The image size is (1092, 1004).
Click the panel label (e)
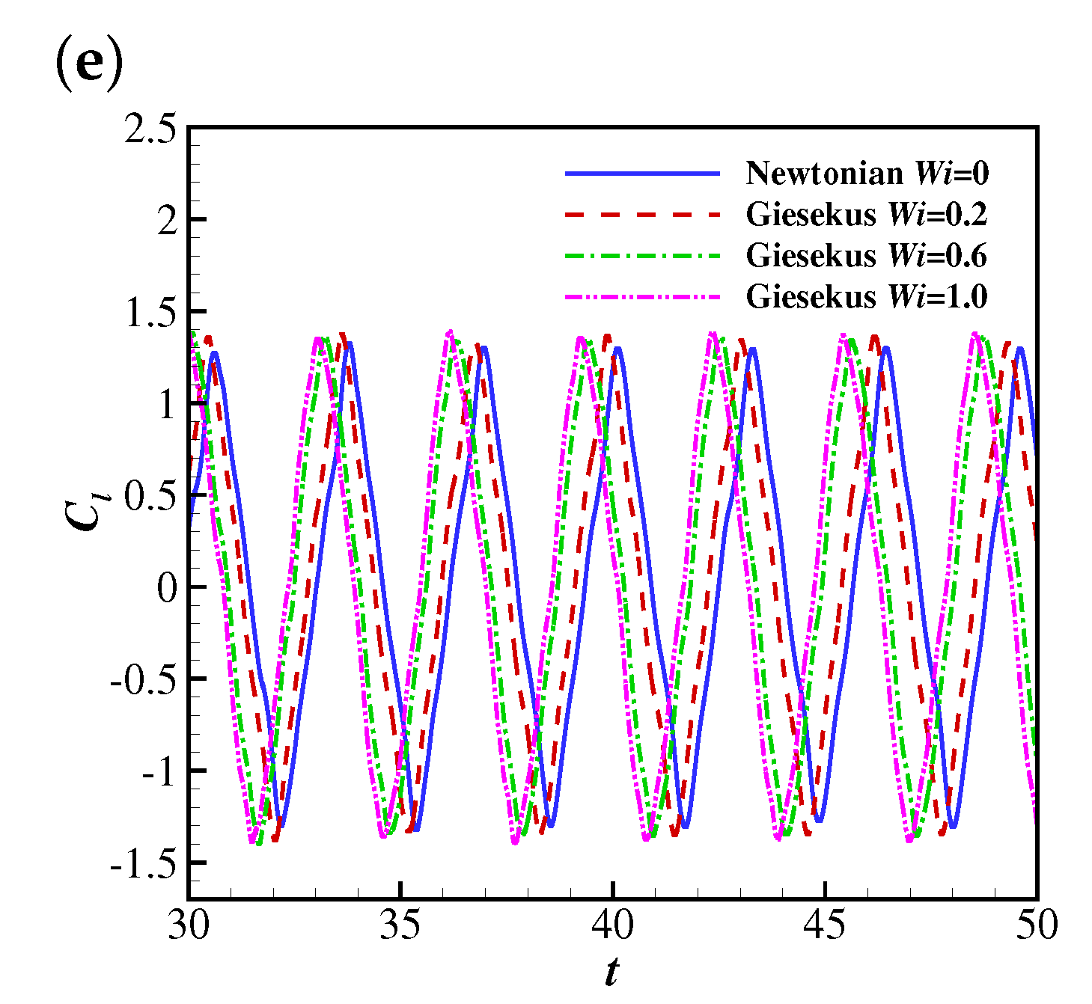[x=88, y=67]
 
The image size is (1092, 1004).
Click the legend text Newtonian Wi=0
[x=867, y=174]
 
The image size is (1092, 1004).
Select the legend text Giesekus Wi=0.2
[x=867, y=215]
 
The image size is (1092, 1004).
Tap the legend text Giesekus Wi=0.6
[x=867, y=256]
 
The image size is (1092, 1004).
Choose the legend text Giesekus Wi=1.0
[x=867, y=297]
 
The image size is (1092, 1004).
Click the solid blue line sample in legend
[x=642, y=174]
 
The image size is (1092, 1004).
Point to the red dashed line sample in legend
[x=642, y=215]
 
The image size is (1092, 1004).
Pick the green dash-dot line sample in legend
[x=642, y=256]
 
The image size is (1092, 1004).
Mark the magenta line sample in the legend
[x=642, y=297]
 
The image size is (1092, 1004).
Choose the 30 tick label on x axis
[x=189, y=925]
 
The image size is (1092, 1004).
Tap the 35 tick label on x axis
[x=401, y=925]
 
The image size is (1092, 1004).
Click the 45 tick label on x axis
[x=826, y=925]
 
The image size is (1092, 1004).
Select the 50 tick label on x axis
[x=1037, y=925]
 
